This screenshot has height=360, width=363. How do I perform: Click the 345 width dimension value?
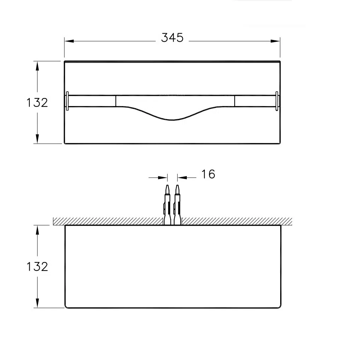172,38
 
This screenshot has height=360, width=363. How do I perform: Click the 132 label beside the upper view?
37,103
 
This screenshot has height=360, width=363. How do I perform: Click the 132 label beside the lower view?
37,267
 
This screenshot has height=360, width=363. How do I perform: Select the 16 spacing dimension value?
208,174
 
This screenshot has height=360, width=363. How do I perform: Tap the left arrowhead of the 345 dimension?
69,41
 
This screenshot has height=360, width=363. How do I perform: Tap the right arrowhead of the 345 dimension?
275,41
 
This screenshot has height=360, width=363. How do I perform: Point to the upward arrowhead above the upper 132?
37,66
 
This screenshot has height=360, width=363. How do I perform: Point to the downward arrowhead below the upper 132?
37,139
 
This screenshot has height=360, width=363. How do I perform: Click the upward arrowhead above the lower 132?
37,230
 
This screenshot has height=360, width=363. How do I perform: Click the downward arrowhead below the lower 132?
37,303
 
